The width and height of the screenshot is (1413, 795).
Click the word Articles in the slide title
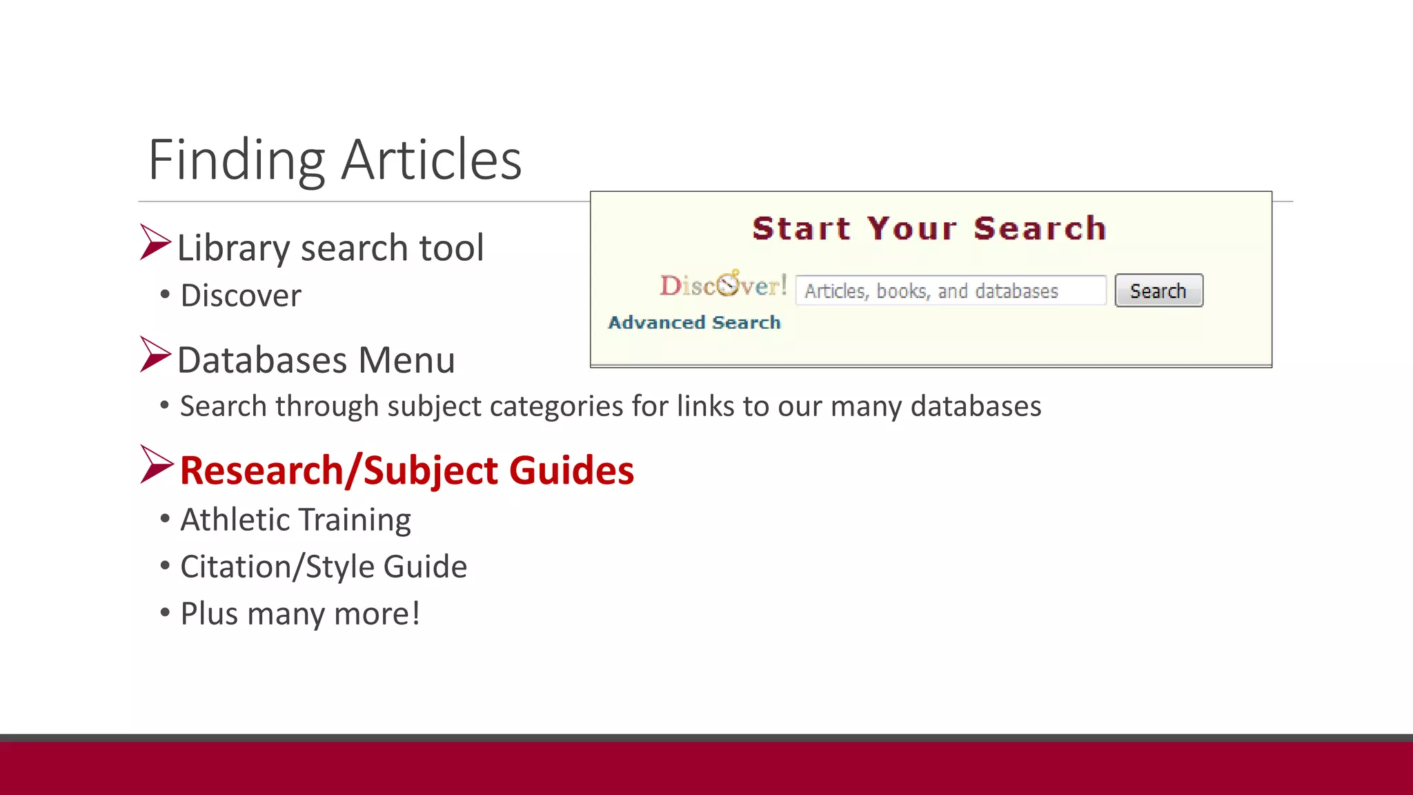pos(431,160)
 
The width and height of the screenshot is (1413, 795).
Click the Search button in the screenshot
pos(1158,291)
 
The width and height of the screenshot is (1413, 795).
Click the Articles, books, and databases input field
pos(950,291)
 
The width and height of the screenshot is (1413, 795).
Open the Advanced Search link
pos(694,322)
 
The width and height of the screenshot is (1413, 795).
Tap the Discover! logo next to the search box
pos(723,285)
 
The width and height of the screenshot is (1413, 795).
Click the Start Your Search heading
pos(929,228)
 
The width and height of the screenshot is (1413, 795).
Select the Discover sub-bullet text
pos(241,295)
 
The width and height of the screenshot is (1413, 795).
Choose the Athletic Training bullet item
pos(295,520)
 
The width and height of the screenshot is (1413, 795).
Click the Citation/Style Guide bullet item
pos(323,567)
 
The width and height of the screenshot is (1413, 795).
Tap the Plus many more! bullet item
pos(300,614)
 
